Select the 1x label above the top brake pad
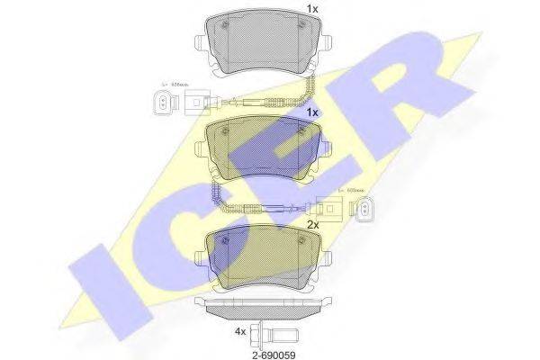312,9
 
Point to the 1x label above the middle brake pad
312,114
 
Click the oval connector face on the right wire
364,211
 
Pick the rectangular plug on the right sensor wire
340,211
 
